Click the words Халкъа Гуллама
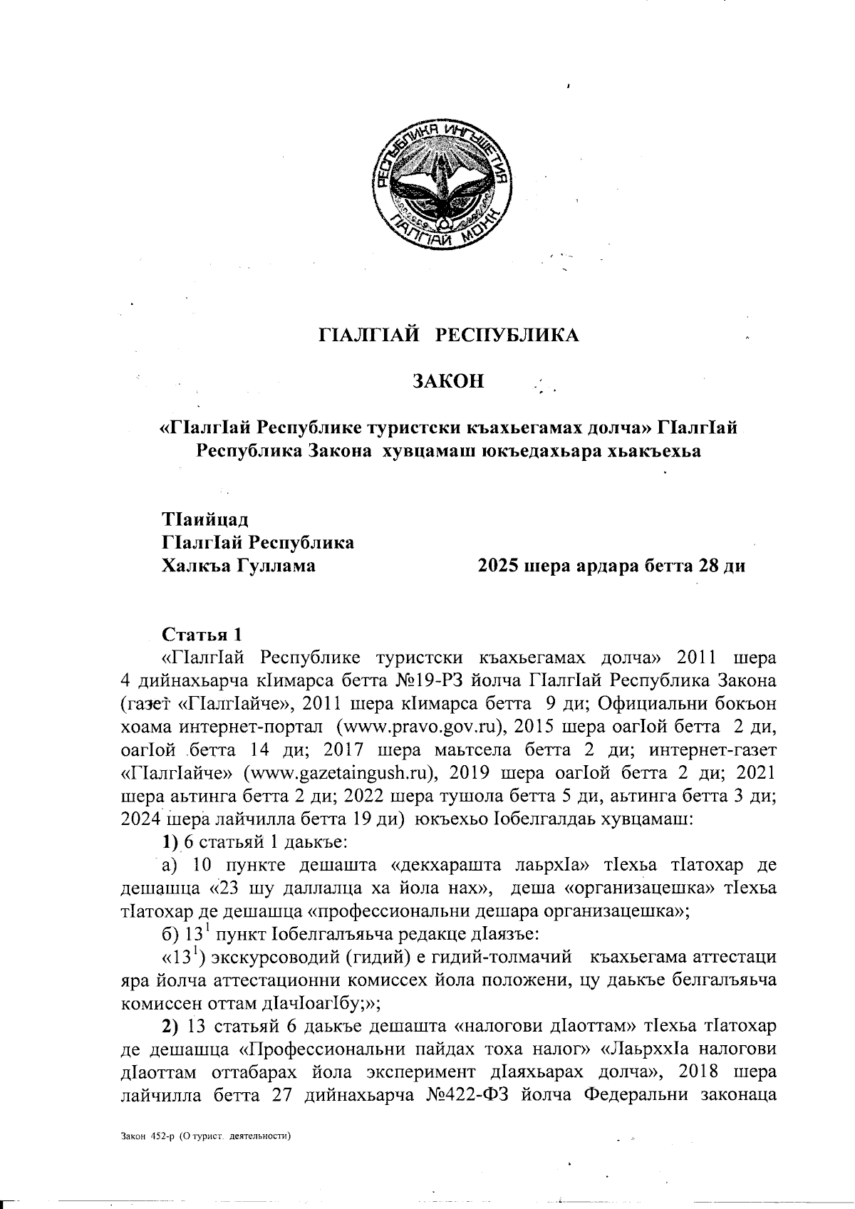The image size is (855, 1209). [240, 566]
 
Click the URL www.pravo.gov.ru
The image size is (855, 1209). [418, 727]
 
